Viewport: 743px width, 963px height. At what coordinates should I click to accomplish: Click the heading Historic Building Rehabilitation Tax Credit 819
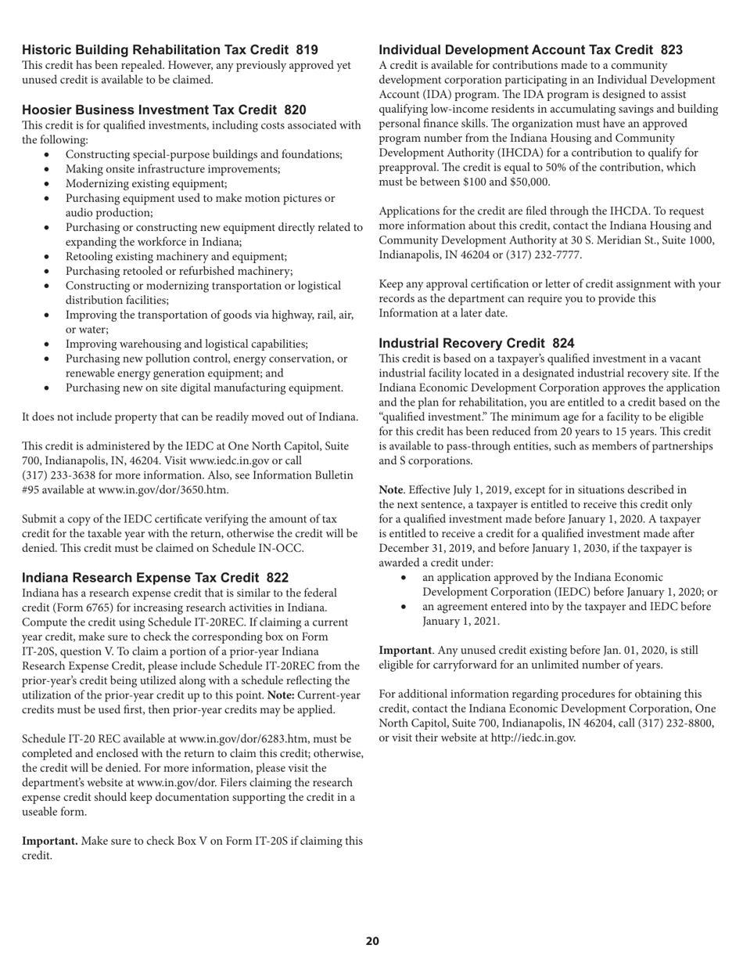coord(170,50)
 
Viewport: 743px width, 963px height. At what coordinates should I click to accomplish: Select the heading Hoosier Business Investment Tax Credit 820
coord(163,110)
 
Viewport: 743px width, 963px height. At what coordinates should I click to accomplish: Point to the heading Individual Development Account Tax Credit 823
coord(530,50)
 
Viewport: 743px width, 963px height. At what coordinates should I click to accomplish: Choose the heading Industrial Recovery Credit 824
coord(476,343)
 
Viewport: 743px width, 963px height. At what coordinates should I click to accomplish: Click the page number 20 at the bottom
coord(372,941)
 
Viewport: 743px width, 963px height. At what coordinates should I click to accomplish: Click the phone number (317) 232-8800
coord(672,723)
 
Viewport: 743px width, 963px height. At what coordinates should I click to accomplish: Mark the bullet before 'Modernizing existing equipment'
coord(48,184)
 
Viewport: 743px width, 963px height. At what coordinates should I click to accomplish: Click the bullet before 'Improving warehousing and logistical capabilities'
coord(48,344)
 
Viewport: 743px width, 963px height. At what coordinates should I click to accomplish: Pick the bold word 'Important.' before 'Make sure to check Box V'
coord(50,841)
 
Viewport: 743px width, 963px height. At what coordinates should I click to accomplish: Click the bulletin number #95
coord(32,490)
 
